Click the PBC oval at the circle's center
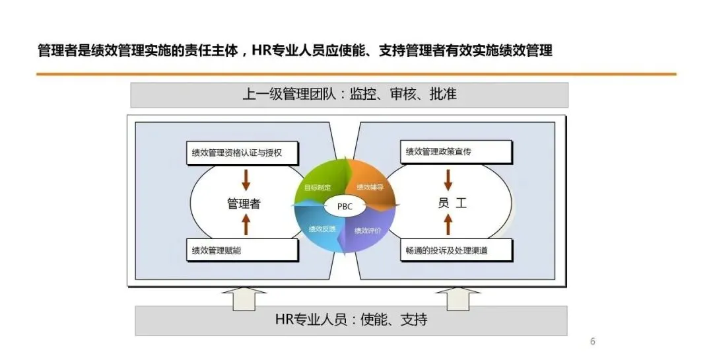click(345, 206)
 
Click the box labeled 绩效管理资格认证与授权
click(242, 153)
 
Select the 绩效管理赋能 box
click(242, 250)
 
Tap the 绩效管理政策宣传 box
click(456, 152)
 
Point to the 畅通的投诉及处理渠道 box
click(456, 250)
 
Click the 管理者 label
click(244, 203)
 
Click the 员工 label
click(452, 203)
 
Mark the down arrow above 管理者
click(246, 178)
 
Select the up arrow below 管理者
click(246, 225)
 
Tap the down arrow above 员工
click(448, 178)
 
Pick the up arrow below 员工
click(448, 225)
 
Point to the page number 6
click(592, 342)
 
